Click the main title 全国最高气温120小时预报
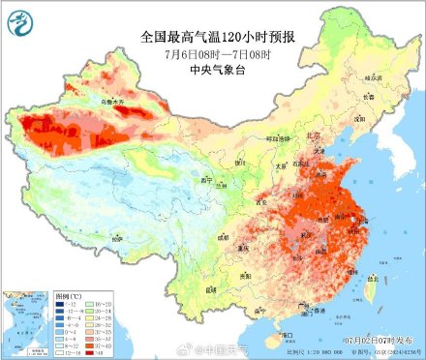pyautogui.click(x=212, y=38)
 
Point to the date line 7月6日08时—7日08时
pyautogui.click(x=212, y=54)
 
